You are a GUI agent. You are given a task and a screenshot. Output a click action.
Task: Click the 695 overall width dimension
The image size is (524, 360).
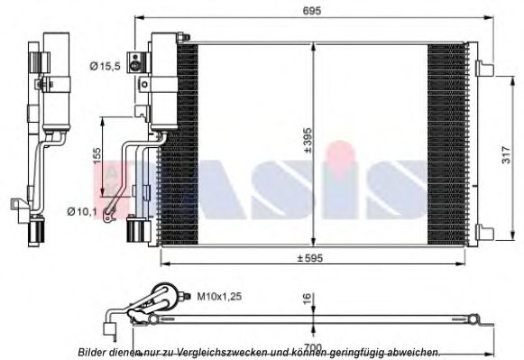click(311, 10)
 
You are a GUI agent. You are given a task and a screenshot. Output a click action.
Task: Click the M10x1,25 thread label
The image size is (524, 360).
click(218, 294)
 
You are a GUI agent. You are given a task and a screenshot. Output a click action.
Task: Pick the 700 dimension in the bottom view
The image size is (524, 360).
click(310, 346)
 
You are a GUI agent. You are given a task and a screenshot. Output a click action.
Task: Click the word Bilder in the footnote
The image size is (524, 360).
click(95, 352)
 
